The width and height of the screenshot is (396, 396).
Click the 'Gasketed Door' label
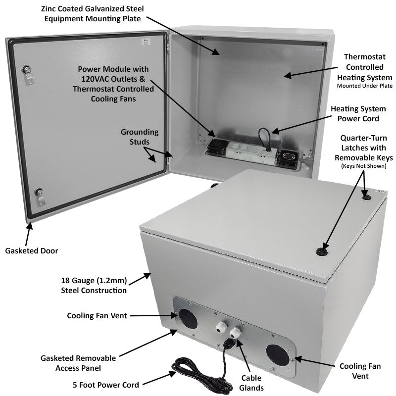click(x=32, y=251)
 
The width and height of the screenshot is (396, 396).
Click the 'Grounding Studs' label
click(x=140, y=137)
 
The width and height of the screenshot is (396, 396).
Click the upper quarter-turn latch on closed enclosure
click(x=366, y=197)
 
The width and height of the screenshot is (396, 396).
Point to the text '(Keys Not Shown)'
click(x=363, y=165)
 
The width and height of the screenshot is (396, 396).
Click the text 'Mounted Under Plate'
click(x=364, y=86)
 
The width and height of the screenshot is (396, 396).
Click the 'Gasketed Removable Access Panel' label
click(x=79, y=363)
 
